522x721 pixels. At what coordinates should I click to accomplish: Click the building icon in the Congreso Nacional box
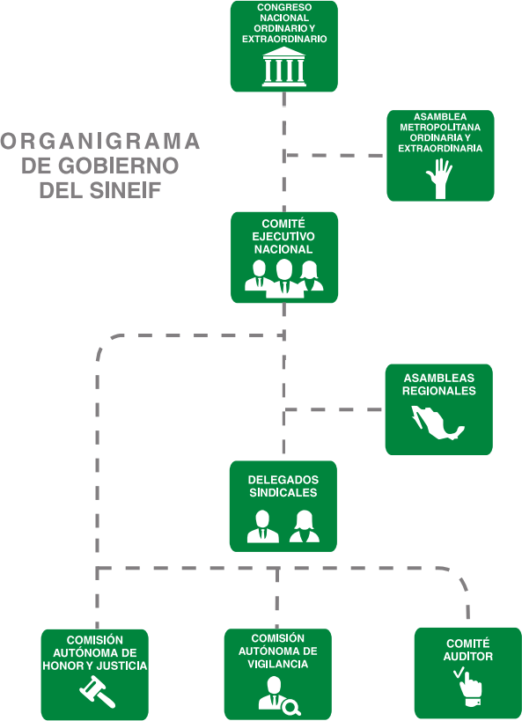click(283, 67)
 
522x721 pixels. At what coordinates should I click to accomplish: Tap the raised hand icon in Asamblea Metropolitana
click(439, 179)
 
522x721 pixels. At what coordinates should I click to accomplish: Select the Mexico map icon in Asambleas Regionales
click(437, 423)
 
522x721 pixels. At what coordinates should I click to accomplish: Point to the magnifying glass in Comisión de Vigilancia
click(291, 706)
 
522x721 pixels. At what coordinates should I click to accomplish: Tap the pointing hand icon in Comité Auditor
click(470, 689)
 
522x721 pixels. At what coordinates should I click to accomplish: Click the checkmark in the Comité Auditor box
click(459, 673)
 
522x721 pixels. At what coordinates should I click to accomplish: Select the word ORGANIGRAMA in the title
click(99, 141)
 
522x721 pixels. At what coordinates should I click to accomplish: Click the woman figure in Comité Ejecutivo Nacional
click(311, 276)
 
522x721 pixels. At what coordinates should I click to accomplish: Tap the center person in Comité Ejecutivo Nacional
click(284, 278)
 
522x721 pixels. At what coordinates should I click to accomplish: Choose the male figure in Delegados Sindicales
click(262, 526)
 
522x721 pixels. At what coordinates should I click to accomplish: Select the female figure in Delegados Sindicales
click(304, 526)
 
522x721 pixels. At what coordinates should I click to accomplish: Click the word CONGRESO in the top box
click(284, 7)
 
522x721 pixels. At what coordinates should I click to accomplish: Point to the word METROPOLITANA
click(440, 128)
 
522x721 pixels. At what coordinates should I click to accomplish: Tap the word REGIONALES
click(438, 391)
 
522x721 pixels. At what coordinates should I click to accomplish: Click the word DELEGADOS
click(283, 480)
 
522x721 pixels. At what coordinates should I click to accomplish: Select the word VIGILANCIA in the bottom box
click(278, 664)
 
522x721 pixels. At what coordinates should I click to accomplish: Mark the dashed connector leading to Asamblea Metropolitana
click(335, 156)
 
